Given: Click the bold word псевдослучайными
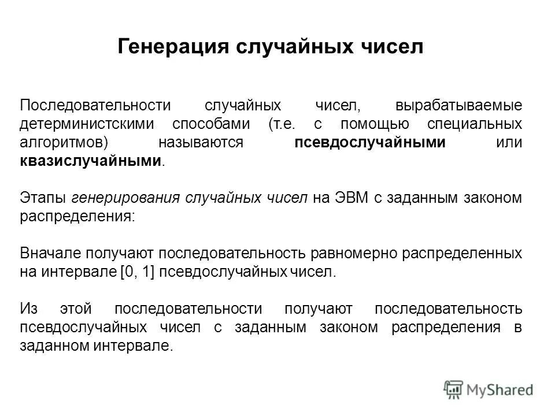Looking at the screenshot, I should click(370, 142).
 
